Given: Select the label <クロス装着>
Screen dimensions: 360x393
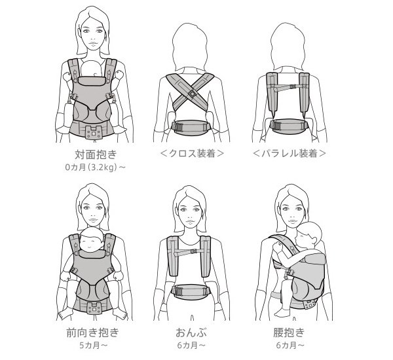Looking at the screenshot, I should click(193, 156).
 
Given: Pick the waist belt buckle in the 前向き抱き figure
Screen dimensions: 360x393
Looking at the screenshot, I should click(96, 306).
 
